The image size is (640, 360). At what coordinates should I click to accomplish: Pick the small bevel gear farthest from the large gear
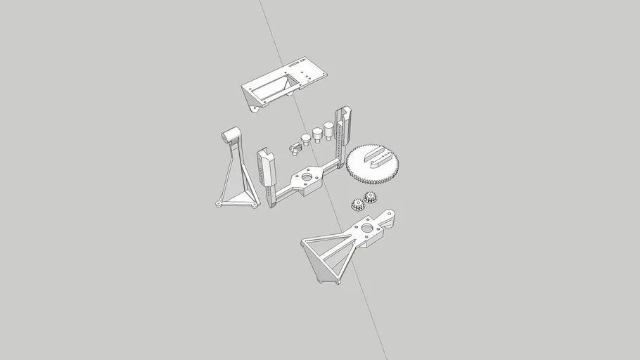click(x=357, y=205)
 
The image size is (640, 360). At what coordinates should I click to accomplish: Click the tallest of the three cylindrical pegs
click(x=328, y=130)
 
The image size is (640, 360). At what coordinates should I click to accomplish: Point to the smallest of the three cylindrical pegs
click(x=306, y=138)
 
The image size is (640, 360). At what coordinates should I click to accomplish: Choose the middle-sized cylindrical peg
click(x=317, y=134)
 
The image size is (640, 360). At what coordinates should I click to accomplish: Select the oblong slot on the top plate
click(x=291, y=65)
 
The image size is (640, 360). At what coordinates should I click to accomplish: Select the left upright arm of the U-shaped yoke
click(x=266, y=172)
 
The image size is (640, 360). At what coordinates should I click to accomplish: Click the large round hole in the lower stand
click(x=366, y=229)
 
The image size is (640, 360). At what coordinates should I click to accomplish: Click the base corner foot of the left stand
click(x=219, y=205)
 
